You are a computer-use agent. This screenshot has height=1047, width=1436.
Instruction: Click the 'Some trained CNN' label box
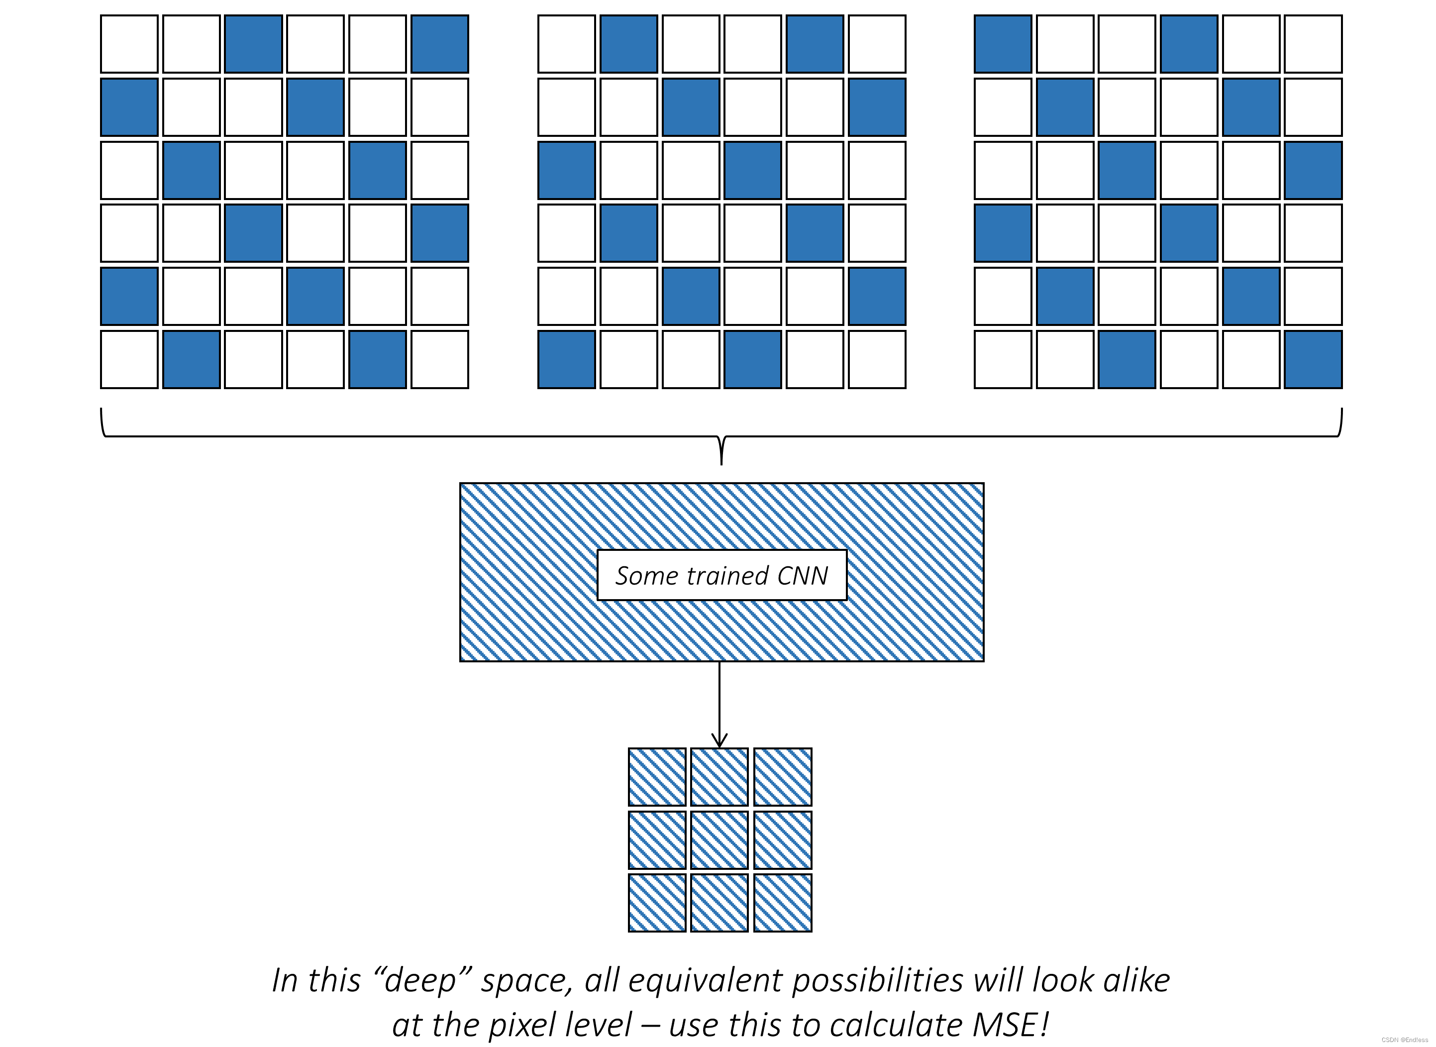tap(722, 575)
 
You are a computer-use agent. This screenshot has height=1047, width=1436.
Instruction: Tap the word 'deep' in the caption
tap(419, 980)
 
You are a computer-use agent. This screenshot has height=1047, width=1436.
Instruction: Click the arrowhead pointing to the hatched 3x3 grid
tap(719, 740)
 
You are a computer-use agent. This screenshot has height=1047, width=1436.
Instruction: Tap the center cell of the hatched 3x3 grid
tap(719, 840)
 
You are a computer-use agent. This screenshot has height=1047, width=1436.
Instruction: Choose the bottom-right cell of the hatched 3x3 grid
tap(783, 903)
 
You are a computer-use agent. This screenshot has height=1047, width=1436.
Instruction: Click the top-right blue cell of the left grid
tap(440, 44)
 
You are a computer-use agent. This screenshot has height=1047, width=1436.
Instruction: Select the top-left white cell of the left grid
tap(129, 44)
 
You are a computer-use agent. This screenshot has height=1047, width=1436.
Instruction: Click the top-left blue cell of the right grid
tap(1003, 44)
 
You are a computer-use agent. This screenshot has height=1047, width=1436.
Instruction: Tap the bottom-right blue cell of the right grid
tap(1313, 359)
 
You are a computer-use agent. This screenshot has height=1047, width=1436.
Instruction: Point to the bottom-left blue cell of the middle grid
tap(567, 359)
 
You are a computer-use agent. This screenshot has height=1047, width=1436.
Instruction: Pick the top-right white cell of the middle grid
tap(877, 44)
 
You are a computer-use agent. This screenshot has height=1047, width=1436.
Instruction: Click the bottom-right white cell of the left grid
tap(440, 359)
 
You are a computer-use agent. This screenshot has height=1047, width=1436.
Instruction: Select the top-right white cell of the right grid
tap(1313, 44)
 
